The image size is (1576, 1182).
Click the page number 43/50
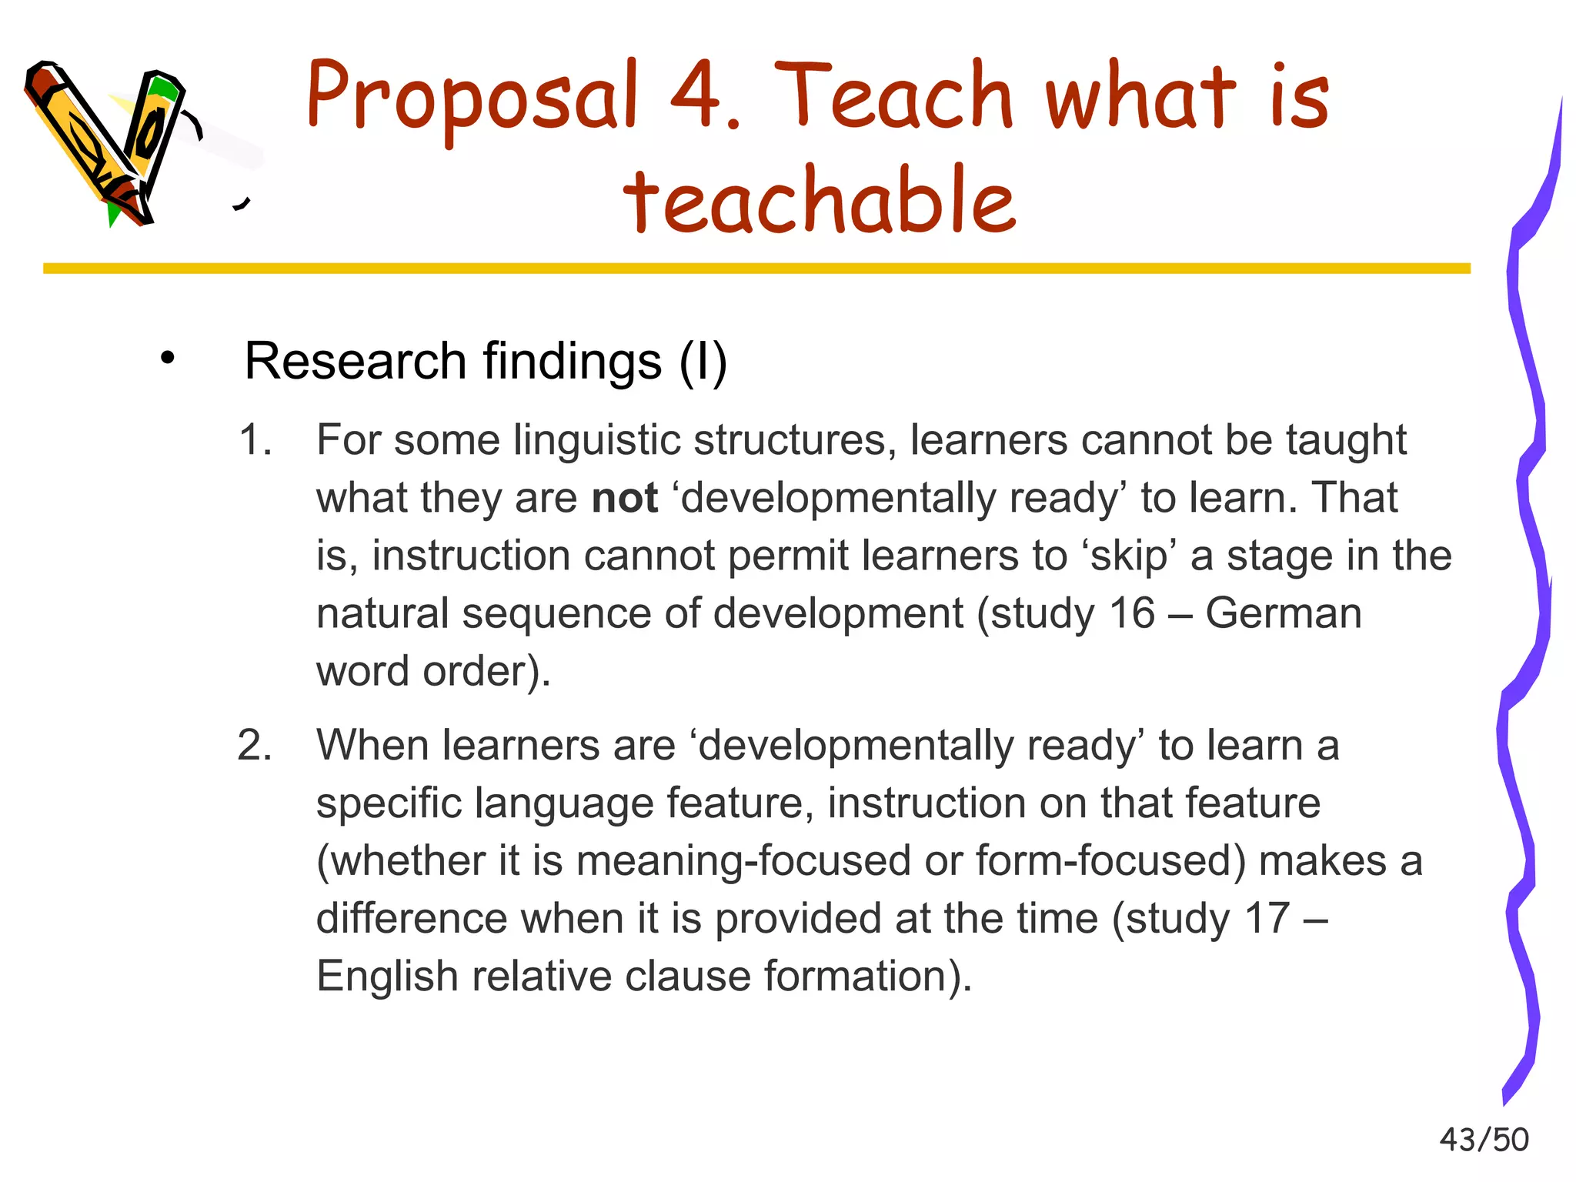point(1484,1140)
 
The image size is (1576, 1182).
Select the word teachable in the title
point(820,199)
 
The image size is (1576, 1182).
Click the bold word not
point(624,498)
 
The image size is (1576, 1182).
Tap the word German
point(1283,613)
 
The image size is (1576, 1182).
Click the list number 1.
point(255,440)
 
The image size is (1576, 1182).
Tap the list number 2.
point(255,745)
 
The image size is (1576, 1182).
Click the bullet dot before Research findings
point(168,359)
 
